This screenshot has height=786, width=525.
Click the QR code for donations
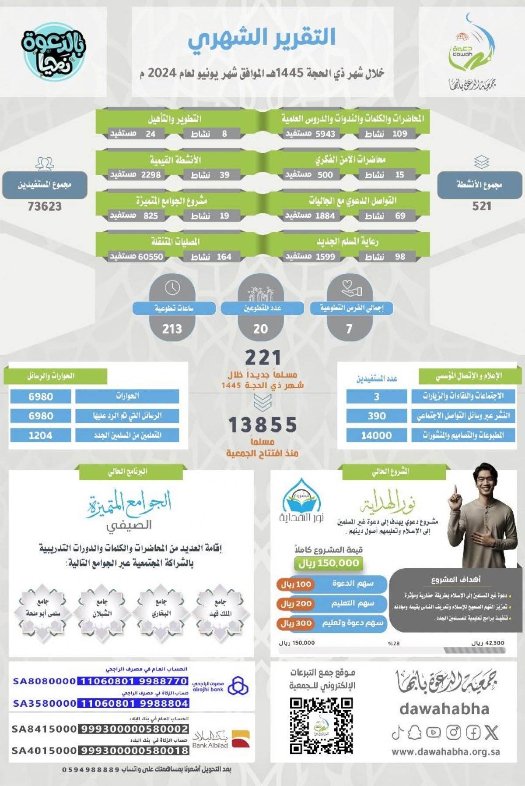click(321, 726)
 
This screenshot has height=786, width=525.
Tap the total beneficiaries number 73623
click(45, 206)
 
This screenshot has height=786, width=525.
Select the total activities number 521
click(482, 206)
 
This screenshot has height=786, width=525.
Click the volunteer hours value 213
click(172, 329)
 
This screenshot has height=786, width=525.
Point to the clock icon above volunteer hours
click(172, 288)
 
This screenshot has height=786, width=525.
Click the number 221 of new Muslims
click(262, 358)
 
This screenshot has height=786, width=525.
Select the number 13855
click(262, 425)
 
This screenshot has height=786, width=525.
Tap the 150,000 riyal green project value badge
click(329, 563)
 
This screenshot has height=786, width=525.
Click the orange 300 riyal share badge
click(296, 623)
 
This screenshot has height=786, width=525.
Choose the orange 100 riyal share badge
click(296, 584)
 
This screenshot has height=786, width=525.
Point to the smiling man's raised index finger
click(455, 490)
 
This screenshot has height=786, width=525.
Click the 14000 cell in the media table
click(376, 435)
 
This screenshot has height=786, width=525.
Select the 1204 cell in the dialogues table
click(40, 435)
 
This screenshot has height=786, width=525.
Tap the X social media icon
click(491, 732)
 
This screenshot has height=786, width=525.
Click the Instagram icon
click(453, 732)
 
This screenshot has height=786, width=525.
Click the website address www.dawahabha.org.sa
click(445, 752)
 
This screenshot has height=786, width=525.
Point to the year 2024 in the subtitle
click(162, 73)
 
